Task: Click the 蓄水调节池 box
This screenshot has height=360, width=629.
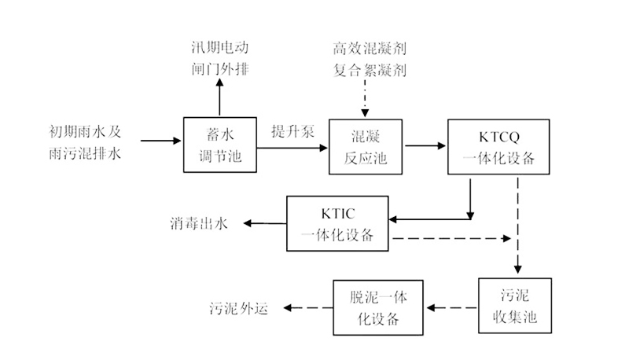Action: click(220, 146)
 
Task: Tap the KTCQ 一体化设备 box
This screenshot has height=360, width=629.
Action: click(496, 146)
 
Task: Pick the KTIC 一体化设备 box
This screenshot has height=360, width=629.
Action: click(340, 222)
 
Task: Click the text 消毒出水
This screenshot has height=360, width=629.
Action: click(199, 223)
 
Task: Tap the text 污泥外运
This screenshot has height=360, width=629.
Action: click(239, 307)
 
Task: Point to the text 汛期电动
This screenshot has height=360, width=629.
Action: click(220, 49)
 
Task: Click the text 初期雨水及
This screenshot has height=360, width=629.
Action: click(84, 130)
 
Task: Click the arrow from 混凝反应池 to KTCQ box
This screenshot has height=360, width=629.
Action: click(424, 146)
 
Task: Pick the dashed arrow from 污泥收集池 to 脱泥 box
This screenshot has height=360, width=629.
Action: click(453, 307)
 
